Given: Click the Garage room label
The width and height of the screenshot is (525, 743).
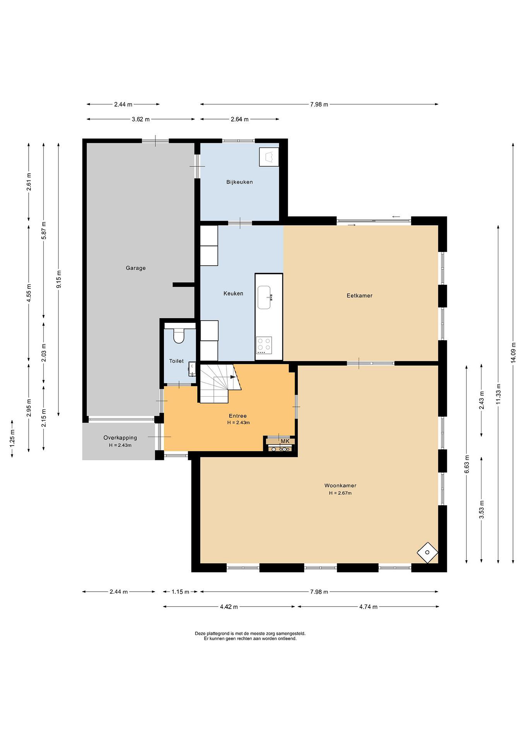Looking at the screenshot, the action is (136, 268).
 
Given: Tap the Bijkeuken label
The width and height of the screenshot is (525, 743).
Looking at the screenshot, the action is (239, 182).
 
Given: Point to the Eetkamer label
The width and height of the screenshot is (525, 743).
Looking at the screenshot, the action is (360, 295).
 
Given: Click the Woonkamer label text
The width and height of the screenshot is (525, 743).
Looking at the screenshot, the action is (340, 486).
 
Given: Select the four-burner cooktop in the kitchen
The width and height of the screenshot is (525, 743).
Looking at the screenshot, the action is (264, 345).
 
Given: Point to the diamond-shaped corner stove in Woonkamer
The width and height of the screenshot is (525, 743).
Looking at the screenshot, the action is (427, 553).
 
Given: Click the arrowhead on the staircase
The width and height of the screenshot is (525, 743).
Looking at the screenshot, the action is (233, 377).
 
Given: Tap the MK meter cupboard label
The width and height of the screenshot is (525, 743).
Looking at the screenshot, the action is (285, 441).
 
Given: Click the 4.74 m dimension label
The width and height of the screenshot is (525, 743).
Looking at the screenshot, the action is (368, 607).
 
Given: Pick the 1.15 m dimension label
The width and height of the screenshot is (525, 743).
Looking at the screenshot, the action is (180, 592).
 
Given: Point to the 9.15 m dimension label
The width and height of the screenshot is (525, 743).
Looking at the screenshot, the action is (59, 279).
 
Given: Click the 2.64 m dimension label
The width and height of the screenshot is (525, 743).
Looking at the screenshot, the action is (239, 119).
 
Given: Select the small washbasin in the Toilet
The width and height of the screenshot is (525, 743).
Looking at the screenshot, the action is (192, 369).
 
